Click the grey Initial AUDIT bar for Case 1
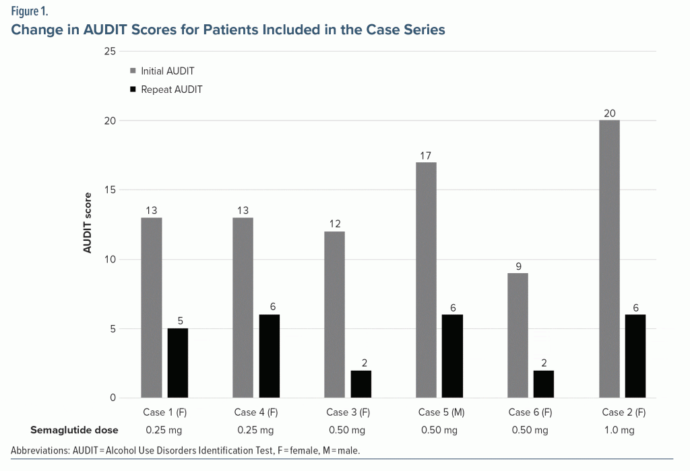[x=152, y=307]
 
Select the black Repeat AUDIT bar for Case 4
[x=270, y=356]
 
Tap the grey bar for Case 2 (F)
[x=609, y=259]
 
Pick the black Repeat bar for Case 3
[x=361, y=384]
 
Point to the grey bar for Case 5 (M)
[x=426, y=280]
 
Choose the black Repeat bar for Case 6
[x=544, y=384]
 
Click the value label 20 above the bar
[x=609, y=113]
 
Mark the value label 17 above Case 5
[x=426, y=155]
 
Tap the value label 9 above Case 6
[x=518, y=266]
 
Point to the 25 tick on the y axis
[x=109, y=52]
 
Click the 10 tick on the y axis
[x=109, y=260]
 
